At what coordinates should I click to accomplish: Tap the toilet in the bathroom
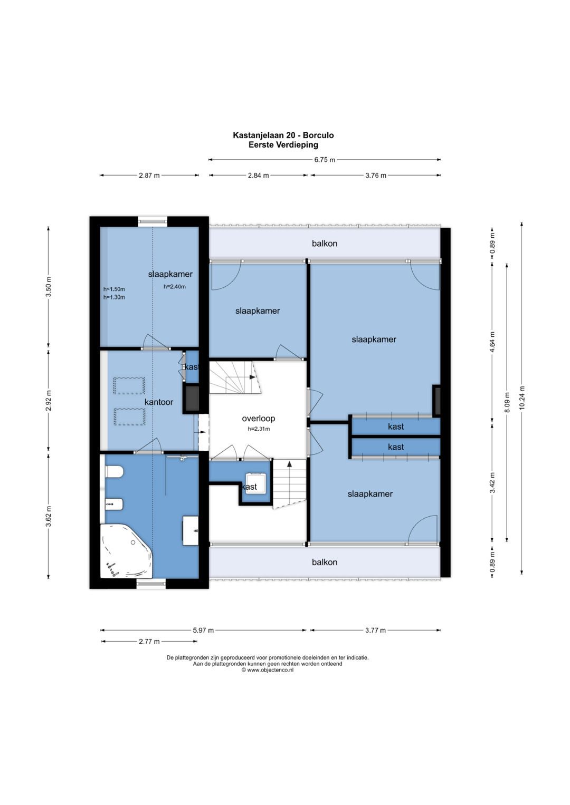pyautogui.click(x=115, y=472)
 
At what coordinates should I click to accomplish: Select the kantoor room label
pyautogui.click(x=159, y=402)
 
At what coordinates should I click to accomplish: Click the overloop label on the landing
pyautogui.click(x=259, y=418)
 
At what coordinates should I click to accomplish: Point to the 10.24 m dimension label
pyautogui.click(x=522, y=397)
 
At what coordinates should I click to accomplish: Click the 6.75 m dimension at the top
pyautogui.click(x=325, y=160)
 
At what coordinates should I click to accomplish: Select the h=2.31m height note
pyautogui.click(x=259, y=429)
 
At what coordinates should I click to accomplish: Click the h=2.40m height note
pyautogui.click(x=175, y=286)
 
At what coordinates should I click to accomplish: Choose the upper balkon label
pyautogui.click(x=325, y=244)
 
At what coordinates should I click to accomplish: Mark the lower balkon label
pyautogui.click(x=325, y=562)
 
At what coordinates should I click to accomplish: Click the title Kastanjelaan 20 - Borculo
pyautogui.click(x=283, y=135)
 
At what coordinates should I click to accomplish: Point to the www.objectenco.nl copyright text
pyautogui.click(x=268, y=670)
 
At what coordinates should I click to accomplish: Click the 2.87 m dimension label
pyautogui.click(x=149, y=176)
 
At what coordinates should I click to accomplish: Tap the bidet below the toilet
pyautogui.click(x=115, y=505)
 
